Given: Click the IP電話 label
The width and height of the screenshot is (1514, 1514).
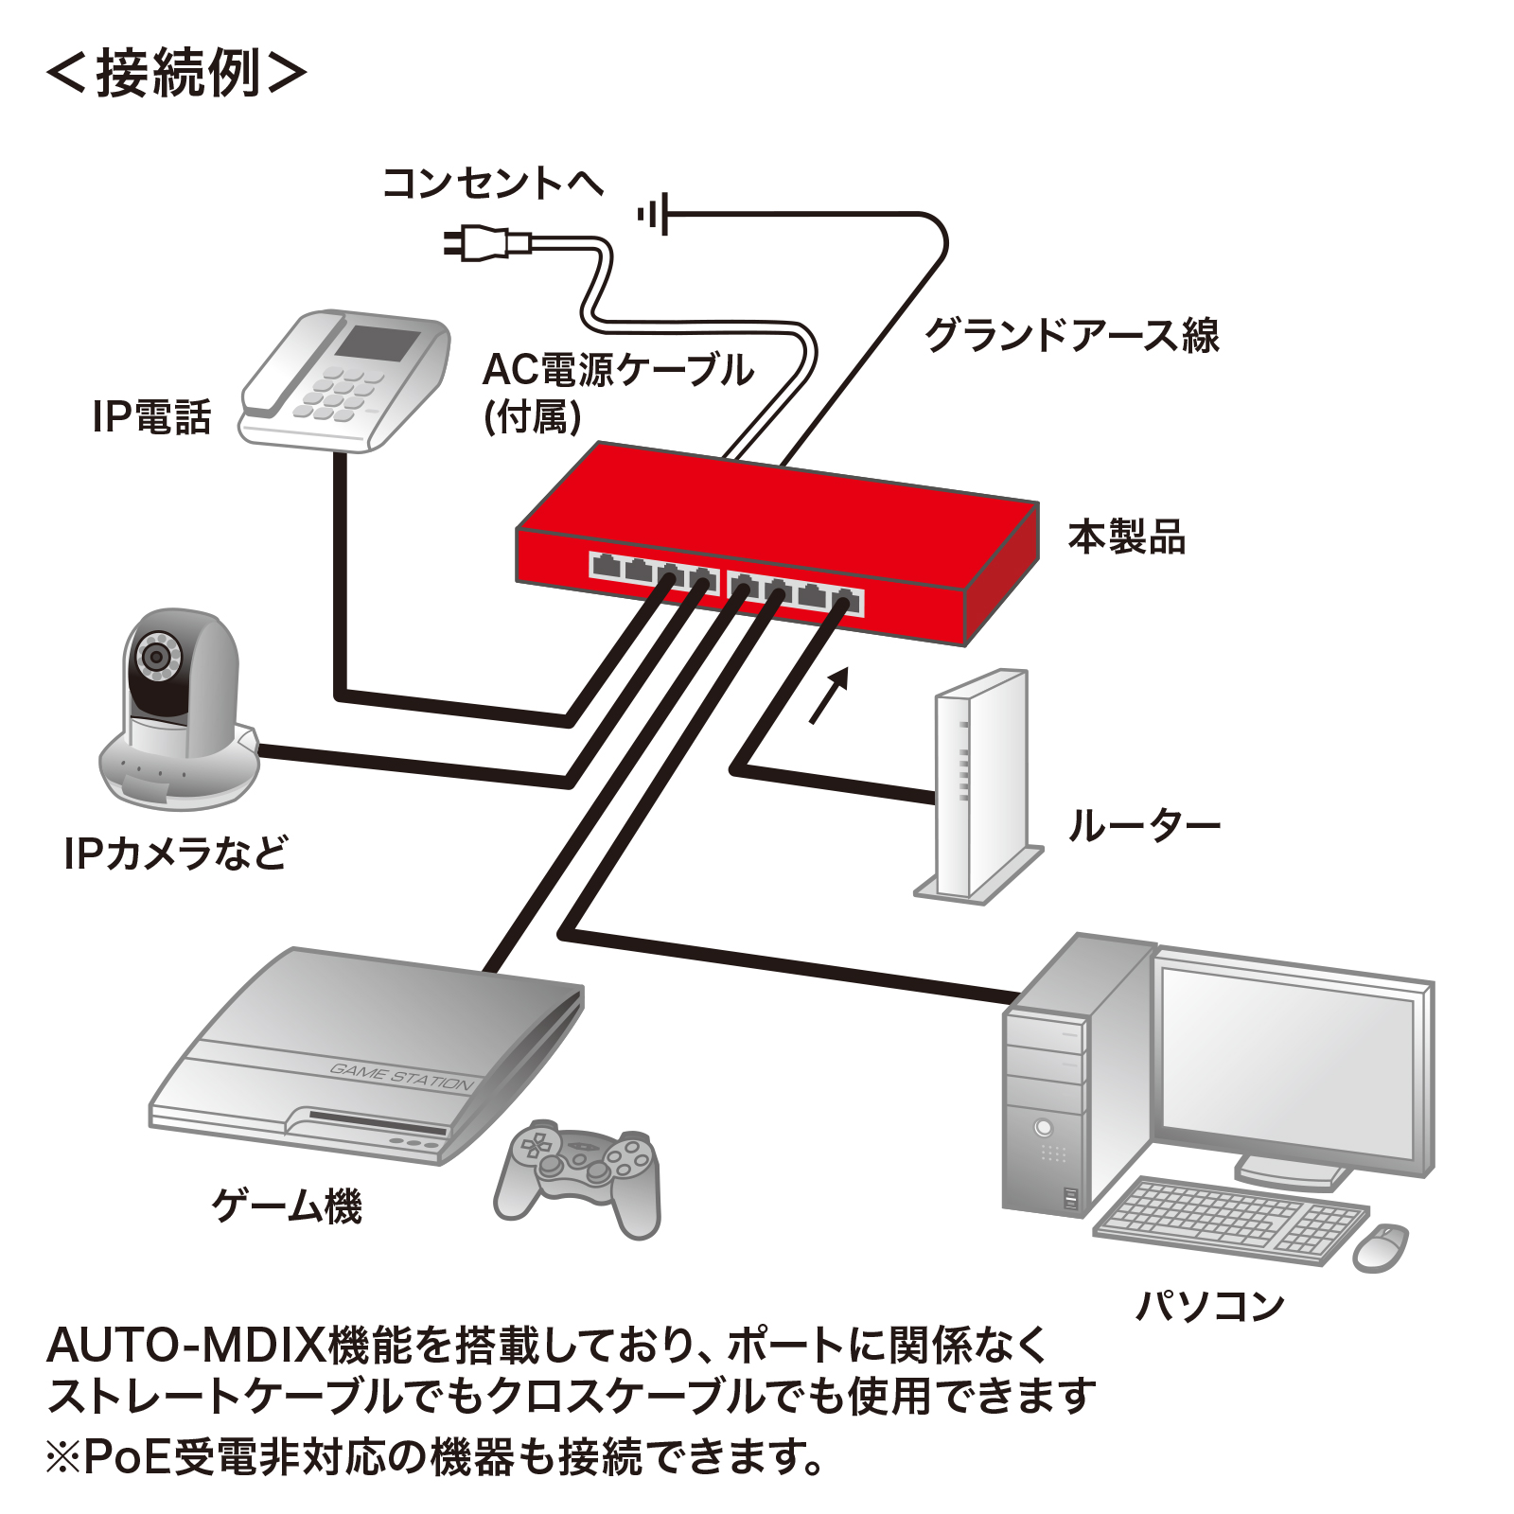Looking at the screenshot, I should tap(151, 417).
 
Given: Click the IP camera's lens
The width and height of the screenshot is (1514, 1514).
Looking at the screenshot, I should tap(154, 655).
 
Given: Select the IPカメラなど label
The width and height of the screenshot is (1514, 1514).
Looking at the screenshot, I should tap(175, 854).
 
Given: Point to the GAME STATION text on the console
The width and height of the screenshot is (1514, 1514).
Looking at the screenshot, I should tap(401, 1077).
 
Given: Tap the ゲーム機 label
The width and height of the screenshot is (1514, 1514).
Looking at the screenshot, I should tap(287, 1206).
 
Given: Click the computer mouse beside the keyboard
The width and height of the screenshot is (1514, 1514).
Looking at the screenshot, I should tap(1381, 1246).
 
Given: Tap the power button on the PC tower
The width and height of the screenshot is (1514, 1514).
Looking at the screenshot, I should tap(1044, 1127).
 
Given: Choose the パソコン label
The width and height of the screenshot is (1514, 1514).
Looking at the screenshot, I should tap(1209, 1307).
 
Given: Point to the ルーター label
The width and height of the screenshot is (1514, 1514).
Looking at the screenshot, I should tap(1144, 826).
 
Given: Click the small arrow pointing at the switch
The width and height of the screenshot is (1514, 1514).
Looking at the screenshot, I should tap(829, 695).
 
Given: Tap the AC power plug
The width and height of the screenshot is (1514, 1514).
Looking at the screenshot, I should tap(486, 243).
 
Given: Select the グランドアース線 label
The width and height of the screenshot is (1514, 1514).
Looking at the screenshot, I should tap(1071, 335).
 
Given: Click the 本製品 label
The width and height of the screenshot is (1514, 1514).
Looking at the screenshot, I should tap(1126, 537).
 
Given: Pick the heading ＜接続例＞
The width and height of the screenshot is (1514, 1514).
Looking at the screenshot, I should tap(177, 73).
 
